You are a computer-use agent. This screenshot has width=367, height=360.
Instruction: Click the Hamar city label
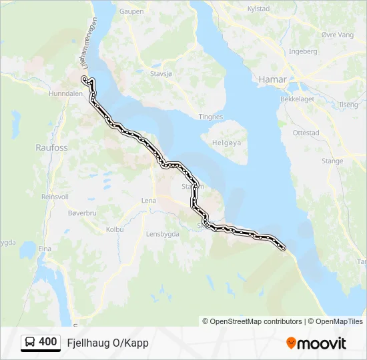[272, 79]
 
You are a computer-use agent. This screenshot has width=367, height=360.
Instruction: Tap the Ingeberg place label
[303, 51]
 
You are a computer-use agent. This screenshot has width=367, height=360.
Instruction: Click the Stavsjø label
[161, 75]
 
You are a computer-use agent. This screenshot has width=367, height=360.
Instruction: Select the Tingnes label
[211, 117]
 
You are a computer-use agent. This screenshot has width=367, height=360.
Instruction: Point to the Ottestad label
[306, 133]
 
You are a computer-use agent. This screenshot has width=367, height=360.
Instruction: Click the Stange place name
[332, 161]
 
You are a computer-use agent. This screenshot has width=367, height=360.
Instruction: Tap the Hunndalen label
[65, 95]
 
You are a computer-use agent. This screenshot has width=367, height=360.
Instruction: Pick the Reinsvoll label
[55, 197]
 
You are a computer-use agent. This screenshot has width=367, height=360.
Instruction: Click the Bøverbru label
[82, 213]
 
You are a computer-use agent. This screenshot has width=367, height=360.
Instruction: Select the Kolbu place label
[115, 229]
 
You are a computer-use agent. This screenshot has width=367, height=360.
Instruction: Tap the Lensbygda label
[164, 234]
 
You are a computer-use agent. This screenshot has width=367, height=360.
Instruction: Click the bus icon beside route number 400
[31, 343]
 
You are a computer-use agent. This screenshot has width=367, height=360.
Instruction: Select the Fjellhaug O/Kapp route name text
[107, 343]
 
